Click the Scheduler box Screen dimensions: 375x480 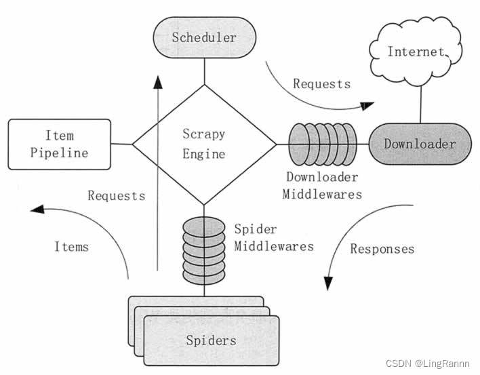point(203,37)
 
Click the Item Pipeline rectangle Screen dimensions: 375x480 point(58,144)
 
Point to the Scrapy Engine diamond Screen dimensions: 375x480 point(204,144)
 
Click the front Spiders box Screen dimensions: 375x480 point(212,340)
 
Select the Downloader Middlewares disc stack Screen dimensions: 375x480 point(323,144)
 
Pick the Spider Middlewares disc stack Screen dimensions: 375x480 point(203,249)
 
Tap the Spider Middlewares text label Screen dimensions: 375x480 point(273,237)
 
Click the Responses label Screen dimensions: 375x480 point(382,249)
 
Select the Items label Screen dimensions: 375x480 point(71,247)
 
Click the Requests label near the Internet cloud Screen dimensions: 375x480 point(321,84)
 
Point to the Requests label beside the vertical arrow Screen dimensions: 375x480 point(116,196)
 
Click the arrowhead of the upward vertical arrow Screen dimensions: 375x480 point(158,82)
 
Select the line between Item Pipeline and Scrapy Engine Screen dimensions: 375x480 point(121,144)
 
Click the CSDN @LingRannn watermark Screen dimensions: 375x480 point(428,363)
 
